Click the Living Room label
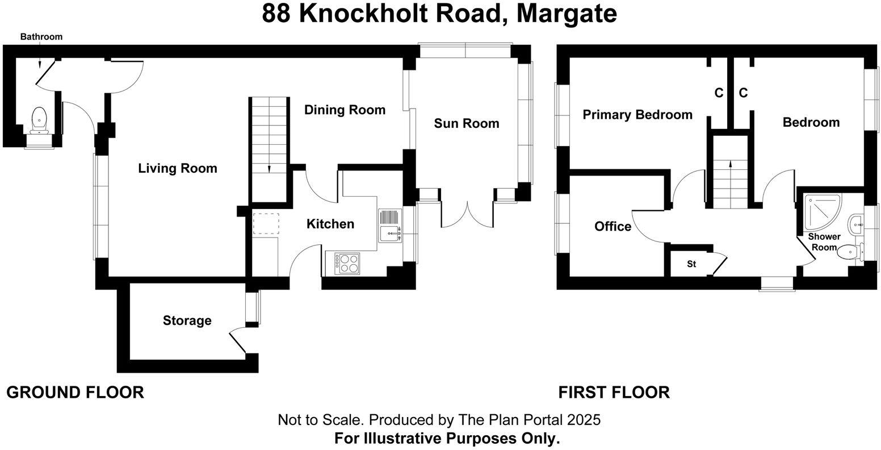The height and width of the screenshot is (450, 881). click(x=178, y=168)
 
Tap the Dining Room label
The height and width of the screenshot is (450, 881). click(x=345, y=110)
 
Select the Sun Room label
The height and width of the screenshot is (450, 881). click(x=467, y=123)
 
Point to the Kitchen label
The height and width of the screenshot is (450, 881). click(x=330, y=224)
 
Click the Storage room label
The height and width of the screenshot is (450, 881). click(x=187, y=320)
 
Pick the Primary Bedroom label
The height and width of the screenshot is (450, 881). click(x=637, y=115)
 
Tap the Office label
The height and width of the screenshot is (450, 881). click(x=612, y=227)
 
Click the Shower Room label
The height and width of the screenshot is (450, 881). click(x=824, y=241)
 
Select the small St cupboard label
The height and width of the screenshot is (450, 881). click(x=691, y=264)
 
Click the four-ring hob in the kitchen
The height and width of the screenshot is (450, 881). click(x=347, y=262)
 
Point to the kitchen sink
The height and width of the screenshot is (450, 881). click(x=390, y=232)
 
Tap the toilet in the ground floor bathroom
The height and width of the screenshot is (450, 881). click(x=39, y=118)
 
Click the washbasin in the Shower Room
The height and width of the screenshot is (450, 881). click(x=856, y=224)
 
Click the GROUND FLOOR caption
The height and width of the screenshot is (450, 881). click(x=75, y=392)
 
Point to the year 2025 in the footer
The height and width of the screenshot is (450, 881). click(x=582, y=420)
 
